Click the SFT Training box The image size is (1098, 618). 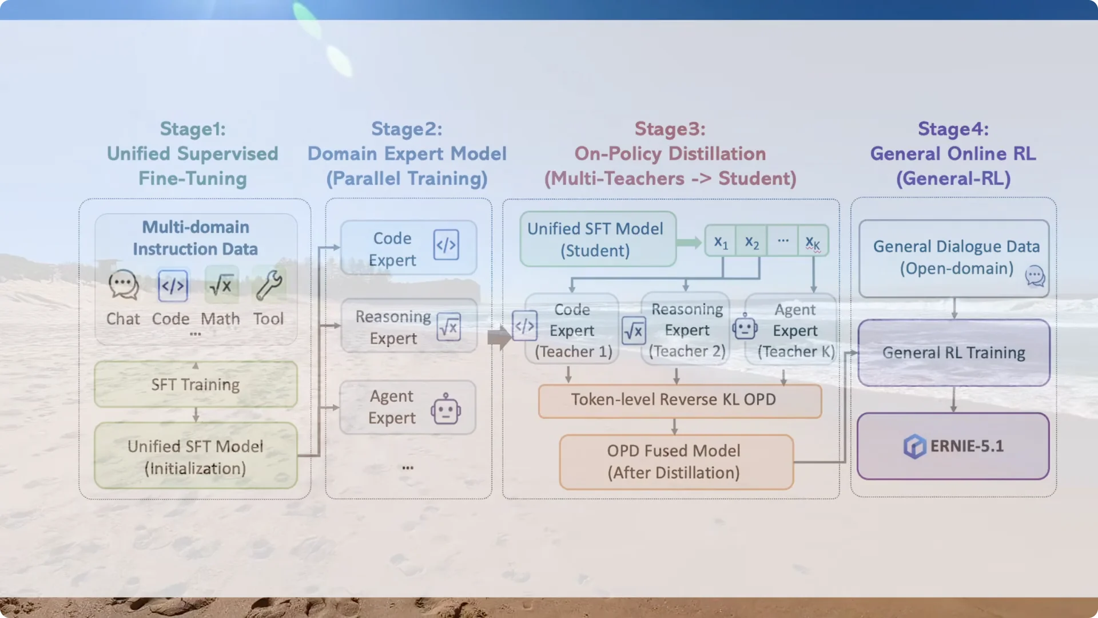point(196,384)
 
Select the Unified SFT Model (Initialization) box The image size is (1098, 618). point(196,456)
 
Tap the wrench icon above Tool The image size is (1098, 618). point(269,285)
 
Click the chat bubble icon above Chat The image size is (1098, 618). point(124,285)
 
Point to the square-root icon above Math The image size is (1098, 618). point(221,284)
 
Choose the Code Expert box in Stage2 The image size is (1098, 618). point(408,248)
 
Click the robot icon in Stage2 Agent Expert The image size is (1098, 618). point(446,409)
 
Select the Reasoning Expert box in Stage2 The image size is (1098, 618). point(409,326)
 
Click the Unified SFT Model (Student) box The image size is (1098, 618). point(598,239)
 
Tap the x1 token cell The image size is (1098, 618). point(721,241)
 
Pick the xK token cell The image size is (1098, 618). point(813,241)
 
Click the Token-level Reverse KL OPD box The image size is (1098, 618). point(680,401)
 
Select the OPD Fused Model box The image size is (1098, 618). point(676,462)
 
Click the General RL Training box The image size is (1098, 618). point(954,352)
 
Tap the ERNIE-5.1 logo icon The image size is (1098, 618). point(914,446)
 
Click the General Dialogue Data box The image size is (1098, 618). point(954,259)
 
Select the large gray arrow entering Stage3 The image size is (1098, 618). point(499,338)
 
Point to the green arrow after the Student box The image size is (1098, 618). point(689,243)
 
